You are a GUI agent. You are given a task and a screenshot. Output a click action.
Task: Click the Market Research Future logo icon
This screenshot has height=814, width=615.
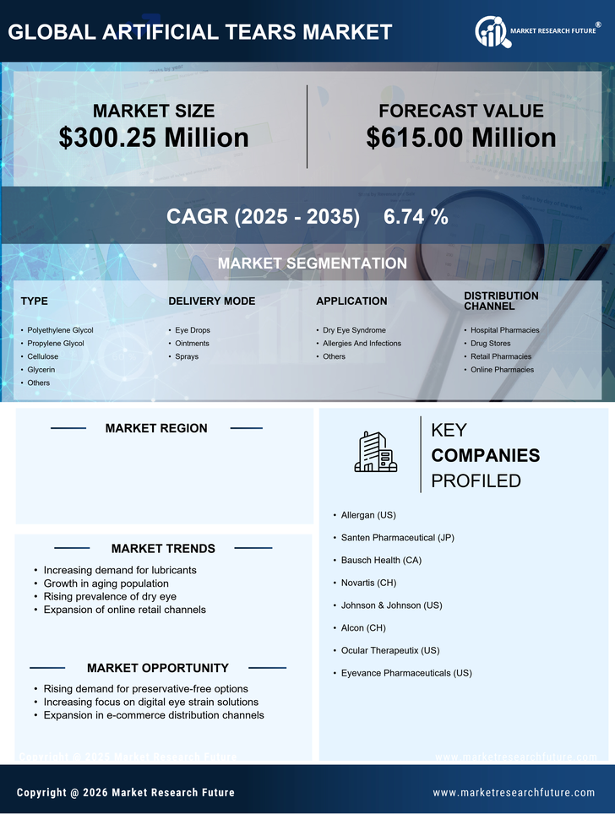pyautogui.click(x=491, y=32)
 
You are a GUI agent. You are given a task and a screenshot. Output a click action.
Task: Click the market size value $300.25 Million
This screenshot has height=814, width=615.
pyautogui.click(x=154, y=138)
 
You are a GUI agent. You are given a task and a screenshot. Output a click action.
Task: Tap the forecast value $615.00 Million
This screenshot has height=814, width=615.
pyautogui.click(x=461, y=138)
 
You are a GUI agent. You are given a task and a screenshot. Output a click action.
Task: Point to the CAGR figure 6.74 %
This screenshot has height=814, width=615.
pyautogui.click(x=416, y=216)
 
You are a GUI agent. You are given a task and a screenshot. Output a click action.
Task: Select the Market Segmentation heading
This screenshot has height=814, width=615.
pyautogui.click(x=312, y=263)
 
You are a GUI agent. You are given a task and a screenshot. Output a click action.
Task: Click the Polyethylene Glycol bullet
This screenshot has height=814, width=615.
pyautogui.click(x=60, y=330)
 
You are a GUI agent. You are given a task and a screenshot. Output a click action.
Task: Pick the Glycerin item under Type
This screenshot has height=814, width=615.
pyautogui.click(x=41, y=370)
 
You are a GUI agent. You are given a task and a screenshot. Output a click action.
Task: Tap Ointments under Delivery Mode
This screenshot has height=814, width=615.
pyautogui.click(x=192, y=344)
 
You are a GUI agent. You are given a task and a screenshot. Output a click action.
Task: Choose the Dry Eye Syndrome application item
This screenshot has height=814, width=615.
pyautogui.click(x=354, y=330)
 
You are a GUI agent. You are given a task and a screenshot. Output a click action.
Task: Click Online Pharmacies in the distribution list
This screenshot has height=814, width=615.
pyautogui.click(x=502, y=370)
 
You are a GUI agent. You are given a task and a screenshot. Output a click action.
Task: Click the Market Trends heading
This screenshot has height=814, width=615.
pyautogui.click(x=163, y=549)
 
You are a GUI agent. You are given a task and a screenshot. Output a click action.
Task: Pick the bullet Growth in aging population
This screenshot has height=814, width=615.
pyautogui.click(x=106, y=583)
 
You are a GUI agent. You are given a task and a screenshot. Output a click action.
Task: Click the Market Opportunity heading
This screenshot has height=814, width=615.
pyautogui.click(x=157, y=668)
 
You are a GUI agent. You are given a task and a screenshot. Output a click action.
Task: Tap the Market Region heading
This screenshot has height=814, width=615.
pyautogui.click(x=156, y=429)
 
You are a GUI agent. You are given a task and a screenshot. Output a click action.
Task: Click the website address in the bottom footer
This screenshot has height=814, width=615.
pyautogui.click(x=514, y=793)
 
